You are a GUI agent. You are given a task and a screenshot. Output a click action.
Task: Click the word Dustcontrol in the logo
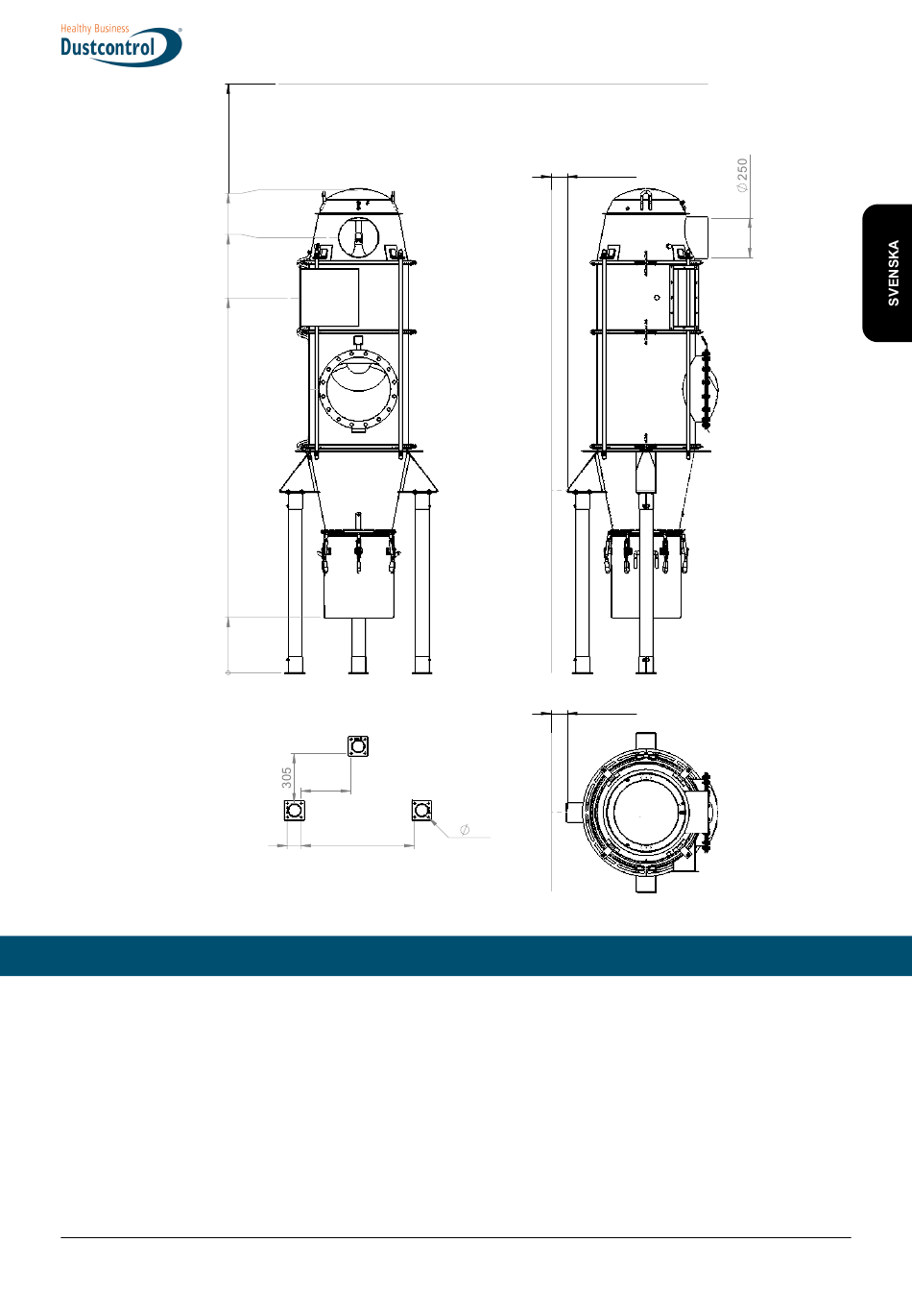(x=108, y=47)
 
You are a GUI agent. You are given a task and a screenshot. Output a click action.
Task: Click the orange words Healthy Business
(x=95, y=28)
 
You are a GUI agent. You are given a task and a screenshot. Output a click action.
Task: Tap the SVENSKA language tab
(x=887, y=273)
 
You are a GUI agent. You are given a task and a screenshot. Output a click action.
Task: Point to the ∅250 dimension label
(x=742, y=175)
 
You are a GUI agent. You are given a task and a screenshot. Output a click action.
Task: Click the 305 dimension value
(x=287, y=777)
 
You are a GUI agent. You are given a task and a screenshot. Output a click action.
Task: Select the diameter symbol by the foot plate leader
(x=465, y=829)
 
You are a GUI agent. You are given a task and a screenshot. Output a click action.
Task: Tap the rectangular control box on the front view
(x=329, y=298)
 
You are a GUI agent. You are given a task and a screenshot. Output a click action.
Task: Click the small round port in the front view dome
(x=358, y=237)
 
